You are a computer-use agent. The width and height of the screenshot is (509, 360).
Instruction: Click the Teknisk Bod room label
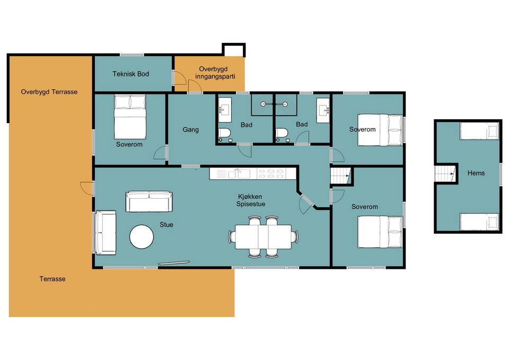pyautogui.click(x=131, y=74)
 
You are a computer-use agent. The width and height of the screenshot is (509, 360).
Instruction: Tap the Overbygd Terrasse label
pyautogui.click(x=49, y=92)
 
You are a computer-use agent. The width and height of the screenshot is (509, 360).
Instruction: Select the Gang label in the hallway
pyautogui.click(x=190, y=130)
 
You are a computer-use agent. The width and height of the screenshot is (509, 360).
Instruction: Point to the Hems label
pyautogui.click(x=476, y=173)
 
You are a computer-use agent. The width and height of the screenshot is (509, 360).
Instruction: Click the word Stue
pyautogui.click(x=166, y=225)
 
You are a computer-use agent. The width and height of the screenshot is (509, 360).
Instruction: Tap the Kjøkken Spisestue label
pyautogui.click(x=251, y=200)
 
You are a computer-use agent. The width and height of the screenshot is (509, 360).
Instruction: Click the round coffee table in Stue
pyautogui.click(x=142, y=237)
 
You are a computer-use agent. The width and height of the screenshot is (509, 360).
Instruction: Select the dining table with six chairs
pyautogui.click(x=264, y=237)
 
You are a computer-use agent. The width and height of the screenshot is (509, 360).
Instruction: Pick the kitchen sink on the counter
pyautogui.click(x=239, y=174)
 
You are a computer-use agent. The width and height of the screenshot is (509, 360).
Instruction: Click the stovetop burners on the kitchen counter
pyautogui.click(x=271, y=174)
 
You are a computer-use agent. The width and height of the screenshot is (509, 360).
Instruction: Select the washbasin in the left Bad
pyautogui.click(x=225, y=110)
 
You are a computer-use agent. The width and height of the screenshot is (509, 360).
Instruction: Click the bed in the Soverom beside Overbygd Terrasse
pyautogui.click(x=130, y=117)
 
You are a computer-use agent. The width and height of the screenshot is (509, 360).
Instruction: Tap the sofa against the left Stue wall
pyautogui.click(x=105, y=232)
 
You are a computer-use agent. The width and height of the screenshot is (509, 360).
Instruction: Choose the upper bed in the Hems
pyautogui.click(x=479, y=131)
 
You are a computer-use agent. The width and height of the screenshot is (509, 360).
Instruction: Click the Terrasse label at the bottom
pyautogui.click(x=52, y=279)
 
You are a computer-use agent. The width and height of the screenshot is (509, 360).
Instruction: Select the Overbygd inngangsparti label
pyautogui.click(x=215, y=73)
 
